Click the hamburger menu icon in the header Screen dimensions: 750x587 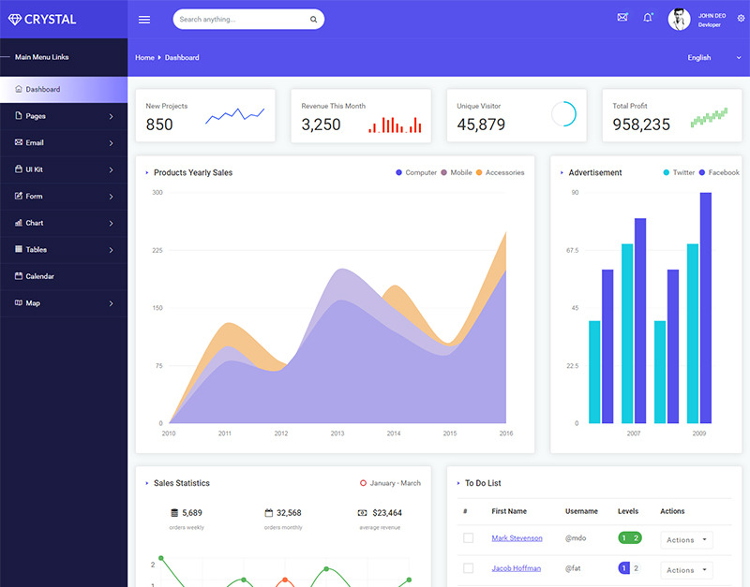click(144, 20)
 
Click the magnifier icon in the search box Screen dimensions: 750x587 click(313, 20)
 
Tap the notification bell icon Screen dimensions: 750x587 click(648, 18)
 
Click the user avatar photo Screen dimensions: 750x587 click(679, 19)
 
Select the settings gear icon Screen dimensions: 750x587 click(741, 18)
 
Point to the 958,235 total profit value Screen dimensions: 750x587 click(641, 125)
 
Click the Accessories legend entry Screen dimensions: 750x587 click(501, 172)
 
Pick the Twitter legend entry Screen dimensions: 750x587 click(679, 172)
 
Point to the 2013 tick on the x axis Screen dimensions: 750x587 click(337, 433)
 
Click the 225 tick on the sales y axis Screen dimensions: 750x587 click(157, 250)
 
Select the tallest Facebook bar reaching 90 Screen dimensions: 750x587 click(706, 308)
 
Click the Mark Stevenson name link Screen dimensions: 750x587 click(517, 538)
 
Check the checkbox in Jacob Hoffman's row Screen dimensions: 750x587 click(468, 568)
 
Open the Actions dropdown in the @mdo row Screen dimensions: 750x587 click(686, 539)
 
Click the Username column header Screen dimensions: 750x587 click(581, 511)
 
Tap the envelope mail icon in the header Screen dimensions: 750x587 click(622, 18)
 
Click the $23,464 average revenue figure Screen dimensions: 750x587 click(387, 513)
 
